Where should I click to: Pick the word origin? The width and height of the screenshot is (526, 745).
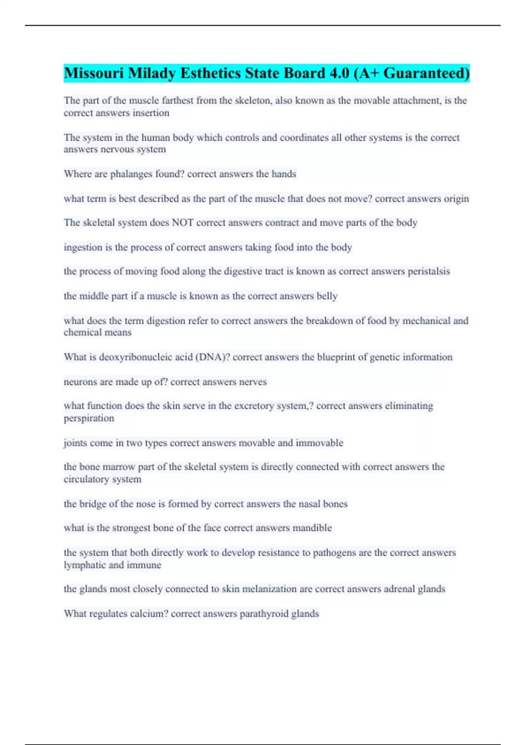456,199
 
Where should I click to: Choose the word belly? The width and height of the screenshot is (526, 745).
327,296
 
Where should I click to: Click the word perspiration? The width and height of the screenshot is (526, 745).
89,418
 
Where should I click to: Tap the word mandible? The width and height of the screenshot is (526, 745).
312,528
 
